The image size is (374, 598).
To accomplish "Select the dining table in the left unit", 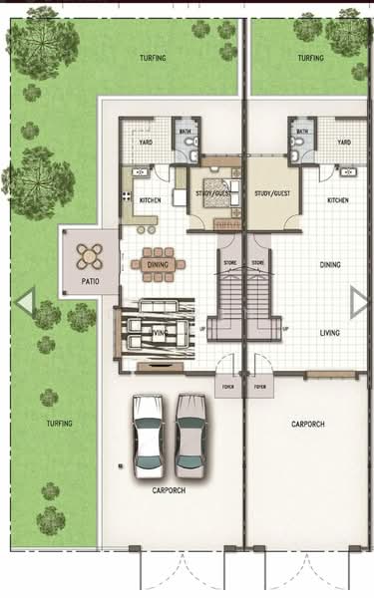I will (158, 263).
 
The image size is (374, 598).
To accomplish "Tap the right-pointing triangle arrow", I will (360, 300).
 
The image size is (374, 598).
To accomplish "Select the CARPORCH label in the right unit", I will (308, 425).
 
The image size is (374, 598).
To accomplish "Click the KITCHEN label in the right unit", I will (337, 200).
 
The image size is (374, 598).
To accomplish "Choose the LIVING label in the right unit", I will (331, 333).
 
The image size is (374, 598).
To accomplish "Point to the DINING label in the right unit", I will (331, 265).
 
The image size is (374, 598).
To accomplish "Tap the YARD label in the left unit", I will (145, 143).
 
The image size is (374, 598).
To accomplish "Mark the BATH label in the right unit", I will (296, 131).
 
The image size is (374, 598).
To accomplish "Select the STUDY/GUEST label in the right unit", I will (271, 193).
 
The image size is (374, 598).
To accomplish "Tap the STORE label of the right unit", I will (257, 263).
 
